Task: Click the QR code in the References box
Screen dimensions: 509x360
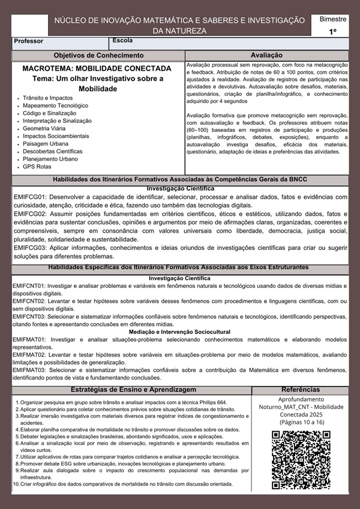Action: [x=301, y=460]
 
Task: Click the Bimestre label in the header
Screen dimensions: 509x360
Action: [x=332, y=20]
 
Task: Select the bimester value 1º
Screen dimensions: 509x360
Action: [x=332, y=31]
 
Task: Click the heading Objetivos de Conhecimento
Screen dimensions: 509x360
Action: [x=99, y=55]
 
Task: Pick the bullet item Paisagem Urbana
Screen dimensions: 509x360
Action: [x=46, y=144]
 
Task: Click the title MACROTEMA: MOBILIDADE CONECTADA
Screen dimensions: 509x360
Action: [x=97, y=68]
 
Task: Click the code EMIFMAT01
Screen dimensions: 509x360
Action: [x=31, y=339]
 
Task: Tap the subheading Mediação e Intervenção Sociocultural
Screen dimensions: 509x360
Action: [x=180, y=332]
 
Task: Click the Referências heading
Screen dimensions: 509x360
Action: [x=301, y=389]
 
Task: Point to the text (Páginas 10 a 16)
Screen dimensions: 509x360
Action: [x=301, y=423]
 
